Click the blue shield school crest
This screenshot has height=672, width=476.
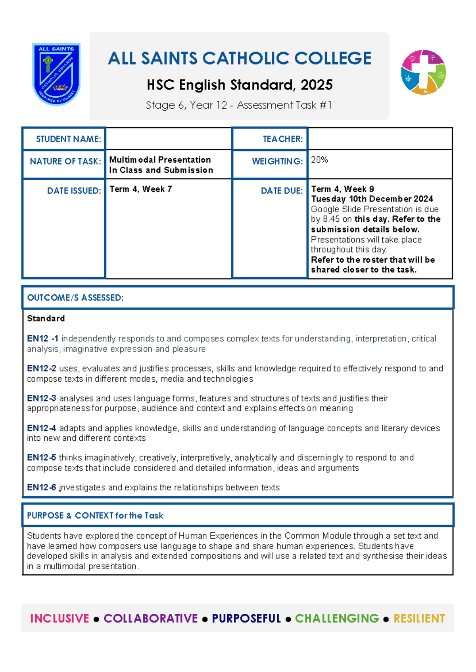pyautogui.click(x=56, y=74)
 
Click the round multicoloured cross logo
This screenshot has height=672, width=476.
pyautogui.click(x=423, y=72)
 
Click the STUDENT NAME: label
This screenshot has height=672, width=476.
pyautogui.click(x=68, y=139)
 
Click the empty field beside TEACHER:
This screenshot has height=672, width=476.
pyautogui.click(x=380, y=139)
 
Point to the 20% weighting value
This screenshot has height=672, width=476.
pyautogui.click(x=319, y=160)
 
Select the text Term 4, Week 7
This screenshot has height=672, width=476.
pyautogui.click(x=140, y=189)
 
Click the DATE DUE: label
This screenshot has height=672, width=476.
pyautogui.click(x=282, y=191)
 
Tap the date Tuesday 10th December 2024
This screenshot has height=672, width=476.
pyautogui.click(x=372, y=199)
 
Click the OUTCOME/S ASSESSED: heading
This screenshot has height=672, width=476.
pyautogui.click(x=75, y=298)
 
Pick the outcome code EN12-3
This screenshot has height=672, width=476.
pyautogui.click(x=41, y=398)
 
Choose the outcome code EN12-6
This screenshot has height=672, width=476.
pyautogui.click(x=41, y=488)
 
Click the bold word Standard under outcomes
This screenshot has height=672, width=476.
pyautogui.click(x=46, y=319)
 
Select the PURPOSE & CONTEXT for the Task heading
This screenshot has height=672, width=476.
pyautogui.click(x=95, y=516)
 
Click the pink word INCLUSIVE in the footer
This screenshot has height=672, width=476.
pyautogui.click(x=60, y=618)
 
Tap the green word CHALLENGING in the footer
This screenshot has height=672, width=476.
pyautogui.click(x=337, y=618)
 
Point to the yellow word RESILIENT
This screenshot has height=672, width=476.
pyautogui.click(x=419, y=618)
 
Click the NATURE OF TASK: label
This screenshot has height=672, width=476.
pyautogui.click(x=65, y=161)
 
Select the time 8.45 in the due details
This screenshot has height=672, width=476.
pyautogui.click(x=331, y=219)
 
